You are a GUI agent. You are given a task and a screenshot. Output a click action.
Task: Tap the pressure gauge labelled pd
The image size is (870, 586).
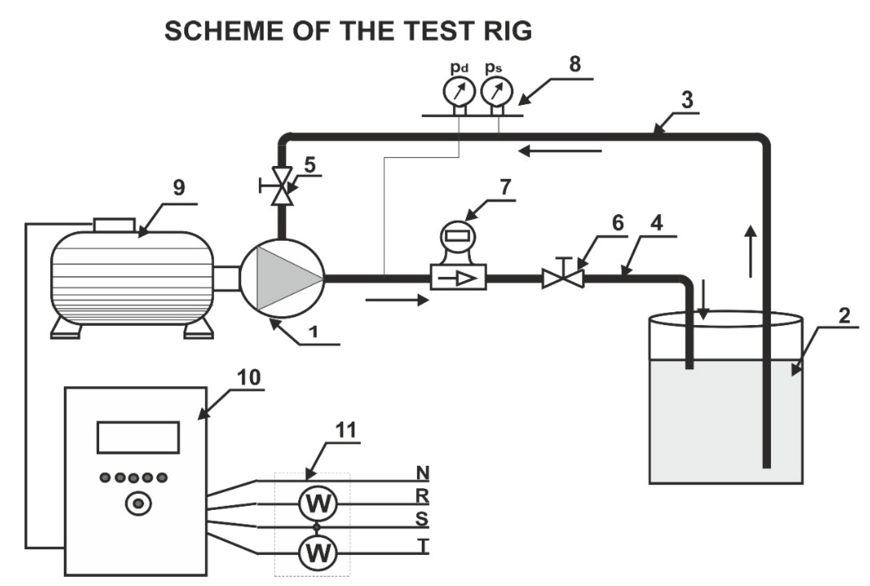tap(459, 91)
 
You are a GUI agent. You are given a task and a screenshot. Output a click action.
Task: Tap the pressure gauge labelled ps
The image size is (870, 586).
tap(496, 91)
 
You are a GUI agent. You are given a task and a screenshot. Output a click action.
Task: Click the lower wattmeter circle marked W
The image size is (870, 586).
tap(318, 553)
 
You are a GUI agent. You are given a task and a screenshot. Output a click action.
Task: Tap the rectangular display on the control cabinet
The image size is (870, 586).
tap(138, 438)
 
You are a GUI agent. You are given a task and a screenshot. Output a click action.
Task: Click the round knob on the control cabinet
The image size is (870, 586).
tap(138, 504)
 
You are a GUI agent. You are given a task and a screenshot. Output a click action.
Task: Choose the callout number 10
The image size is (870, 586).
tap(249, 377)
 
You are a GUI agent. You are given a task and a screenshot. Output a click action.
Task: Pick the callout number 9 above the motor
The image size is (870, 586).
tap(179, 187)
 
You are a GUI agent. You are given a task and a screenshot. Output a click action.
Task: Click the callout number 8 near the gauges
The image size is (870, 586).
tap(575, 64)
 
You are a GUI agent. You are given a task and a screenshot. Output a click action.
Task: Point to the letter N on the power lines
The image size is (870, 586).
tap(422, 473)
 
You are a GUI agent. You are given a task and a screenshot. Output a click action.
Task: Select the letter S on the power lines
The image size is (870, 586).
tap(422, 519)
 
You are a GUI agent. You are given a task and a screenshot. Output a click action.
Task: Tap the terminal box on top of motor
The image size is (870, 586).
tap(114, 225)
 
